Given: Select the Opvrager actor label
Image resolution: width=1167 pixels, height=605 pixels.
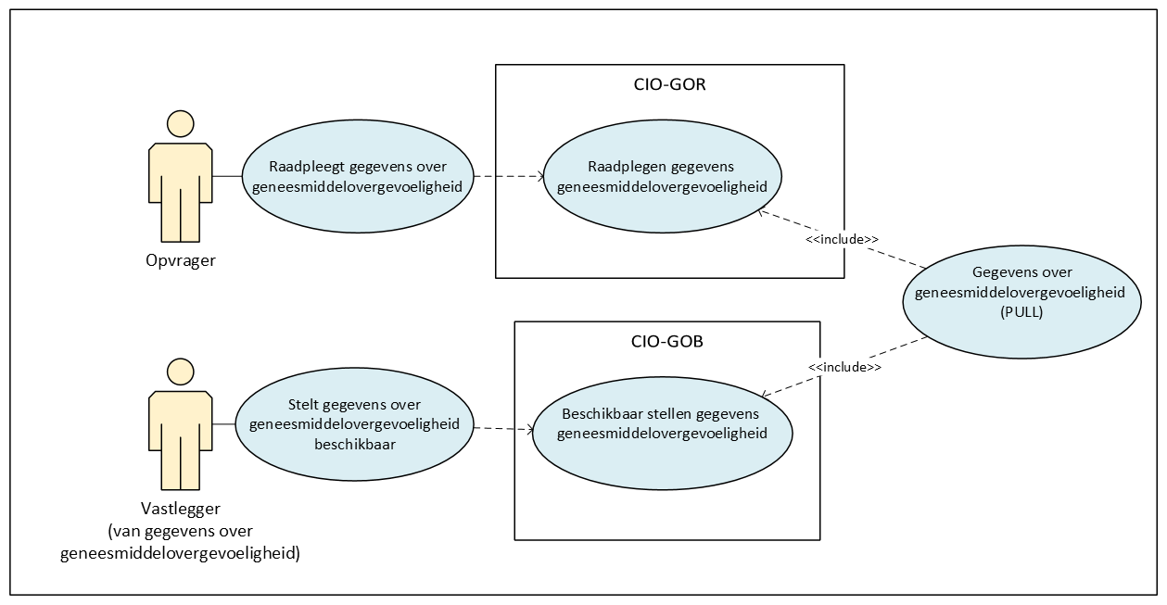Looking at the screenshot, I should pos(181,260).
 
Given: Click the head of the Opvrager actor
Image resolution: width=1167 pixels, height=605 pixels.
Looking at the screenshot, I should pos(180,124).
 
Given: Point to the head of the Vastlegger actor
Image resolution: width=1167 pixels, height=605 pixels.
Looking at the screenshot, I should pos(180,372).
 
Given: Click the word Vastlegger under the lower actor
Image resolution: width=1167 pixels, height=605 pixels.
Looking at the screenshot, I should pos(181,509).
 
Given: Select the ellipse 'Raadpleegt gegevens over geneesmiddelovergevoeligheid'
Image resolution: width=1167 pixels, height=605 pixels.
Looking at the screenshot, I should pos(357,176).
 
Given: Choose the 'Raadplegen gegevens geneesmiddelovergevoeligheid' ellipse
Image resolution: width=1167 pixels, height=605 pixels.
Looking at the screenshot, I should pos(662,176).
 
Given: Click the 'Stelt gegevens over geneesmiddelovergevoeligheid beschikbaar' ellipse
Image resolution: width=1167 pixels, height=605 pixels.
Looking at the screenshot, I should pos(354,424).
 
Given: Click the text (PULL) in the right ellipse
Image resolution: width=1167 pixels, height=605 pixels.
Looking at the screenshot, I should pos(1021,311).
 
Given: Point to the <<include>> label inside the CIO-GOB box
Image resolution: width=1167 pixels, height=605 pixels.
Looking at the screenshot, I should pos(844,367).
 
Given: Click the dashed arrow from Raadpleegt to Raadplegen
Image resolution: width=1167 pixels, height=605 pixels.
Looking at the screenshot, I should pos(508,176).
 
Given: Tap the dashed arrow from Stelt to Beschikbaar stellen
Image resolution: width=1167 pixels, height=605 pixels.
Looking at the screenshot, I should pos(502,428).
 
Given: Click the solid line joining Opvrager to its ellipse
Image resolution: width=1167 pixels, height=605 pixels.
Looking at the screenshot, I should pos(226,176).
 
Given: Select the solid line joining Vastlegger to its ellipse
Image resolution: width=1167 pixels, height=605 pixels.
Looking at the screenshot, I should pos(222,424).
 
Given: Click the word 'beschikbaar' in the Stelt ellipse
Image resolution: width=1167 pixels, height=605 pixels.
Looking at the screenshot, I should pos(354,443).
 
